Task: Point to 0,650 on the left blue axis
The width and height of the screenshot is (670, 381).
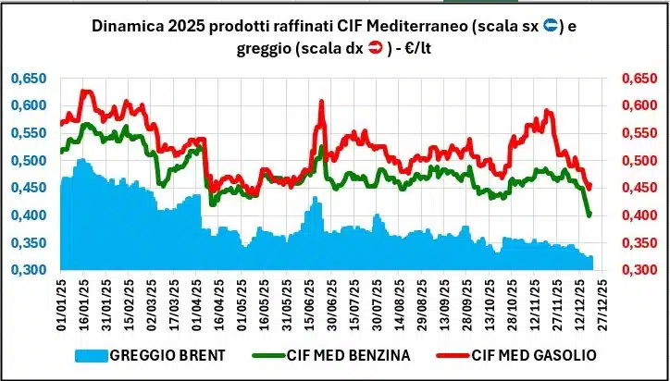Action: (29, 80)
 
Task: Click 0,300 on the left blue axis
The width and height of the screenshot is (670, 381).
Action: (29, 271)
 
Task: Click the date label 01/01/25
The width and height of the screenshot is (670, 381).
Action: (61, 303)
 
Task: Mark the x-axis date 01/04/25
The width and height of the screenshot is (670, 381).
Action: (197, 303)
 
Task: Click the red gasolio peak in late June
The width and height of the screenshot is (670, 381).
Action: (320, 102)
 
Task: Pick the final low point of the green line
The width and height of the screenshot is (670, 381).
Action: (589, 215)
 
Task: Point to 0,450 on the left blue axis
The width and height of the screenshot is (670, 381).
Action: (29, 189)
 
